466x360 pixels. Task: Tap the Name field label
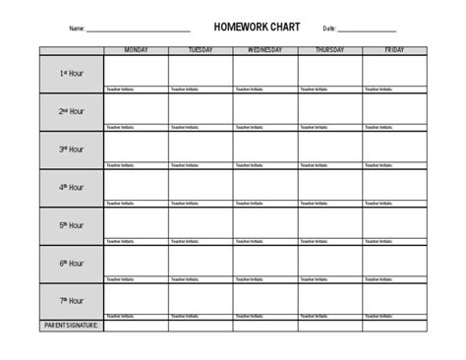(77, 29)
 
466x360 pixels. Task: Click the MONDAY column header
(136, 49)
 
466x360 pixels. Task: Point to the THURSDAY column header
(329, 49)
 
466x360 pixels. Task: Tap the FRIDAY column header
(394, 49)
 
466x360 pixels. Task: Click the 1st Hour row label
(71, 74)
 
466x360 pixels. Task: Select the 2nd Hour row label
(71, 111)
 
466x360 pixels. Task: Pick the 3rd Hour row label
(71, 150)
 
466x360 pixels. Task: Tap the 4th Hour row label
(71, 187)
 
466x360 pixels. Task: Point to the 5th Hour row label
(71, 225)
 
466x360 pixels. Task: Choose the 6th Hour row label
(71, 264)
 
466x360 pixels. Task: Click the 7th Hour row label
(71, 301)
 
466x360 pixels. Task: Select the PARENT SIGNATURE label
(72, 325)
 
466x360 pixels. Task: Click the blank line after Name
(138, 30)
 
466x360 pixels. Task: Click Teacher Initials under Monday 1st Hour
(120, 89)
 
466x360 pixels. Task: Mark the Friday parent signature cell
(394, 325)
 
